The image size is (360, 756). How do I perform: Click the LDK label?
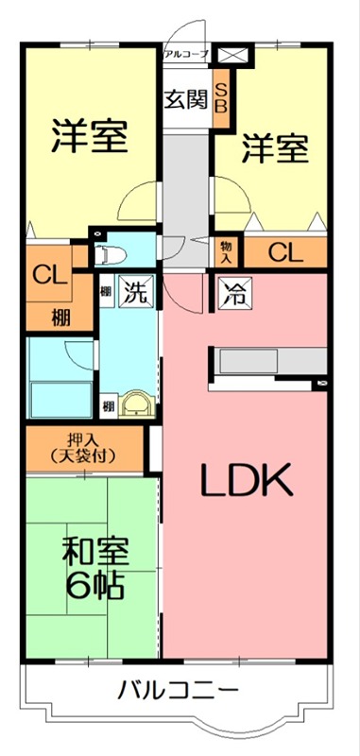[x=247, y=481]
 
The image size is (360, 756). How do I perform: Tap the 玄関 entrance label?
[x=184, y=99]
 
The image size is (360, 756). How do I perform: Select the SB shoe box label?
[x=221, y=96]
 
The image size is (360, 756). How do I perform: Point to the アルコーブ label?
[x=185, y=55]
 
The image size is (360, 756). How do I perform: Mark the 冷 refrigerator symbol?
[x=233, y=293]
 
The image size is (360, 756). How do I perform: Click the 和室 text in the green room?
[x=95, y=552]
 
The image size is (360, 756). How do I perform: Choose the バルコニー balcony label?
[x=178, y=691]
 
